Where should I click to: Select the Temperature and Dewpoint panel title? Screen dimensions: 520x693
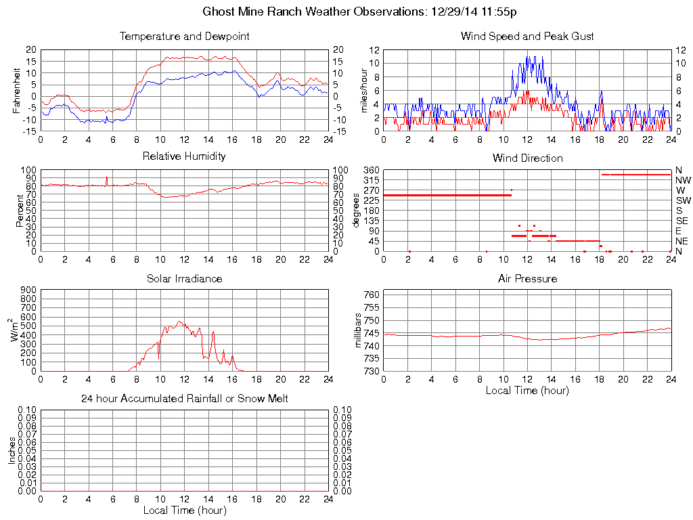click(x=184, y=36)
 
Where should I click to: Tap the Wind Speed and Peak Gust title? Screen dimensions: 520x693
click(x=527, y=36)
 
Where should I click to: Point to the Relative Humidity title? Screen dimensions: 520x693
click(x=184, y=156)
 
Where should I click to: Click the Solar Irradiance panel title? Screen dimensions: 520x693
click(x=184, y=278)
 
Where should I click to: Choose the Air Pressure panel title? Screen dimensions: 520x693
click(x=527, y=278)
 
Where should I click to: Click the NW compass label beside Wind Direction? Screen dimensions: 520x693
click(x=682, y=180)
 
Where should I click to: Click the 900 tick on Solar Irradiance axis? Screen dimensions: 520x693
click(x=28, y=290)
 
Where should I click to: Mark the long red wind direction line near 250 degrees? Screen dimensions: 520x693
click(x=447, y=195)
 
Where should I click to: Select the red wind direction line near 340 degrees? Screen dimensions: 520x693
click(x=636, y=175)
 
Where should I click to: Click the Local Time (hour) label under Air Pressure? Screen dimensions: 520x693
click(x=527, y=391)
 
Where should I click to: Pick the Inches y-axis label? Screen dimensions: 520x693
click(x=12, y=450)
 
